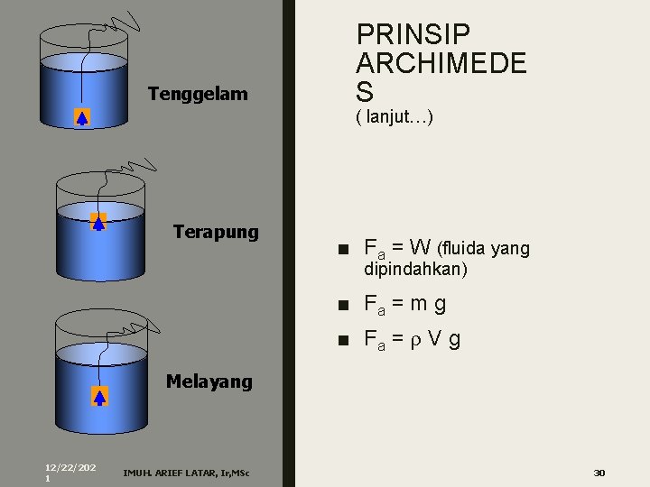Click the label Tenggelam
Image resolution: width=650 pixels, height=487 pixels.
click(197, 94)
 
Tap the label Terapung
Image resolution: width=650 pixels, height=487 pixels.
click(215, 232)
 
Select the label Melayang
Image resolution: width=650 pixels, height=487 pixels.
click(209, 381)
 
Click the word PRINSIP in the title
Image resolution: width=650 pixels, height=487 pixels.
click(413, 35)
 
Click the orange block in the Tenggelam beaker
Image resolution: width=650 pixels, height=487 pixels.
click(82, 116)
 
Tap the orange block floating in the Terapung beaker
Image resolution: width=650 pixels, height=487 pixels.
click(98, 220)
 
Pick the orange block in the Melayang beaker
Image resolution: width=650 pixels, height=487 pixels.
click(99, 395)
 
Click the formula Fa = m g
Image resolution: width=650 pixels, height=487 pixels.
click(404, 304)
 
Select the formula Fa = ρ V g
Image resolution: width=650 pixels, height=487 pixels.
click(412, 339)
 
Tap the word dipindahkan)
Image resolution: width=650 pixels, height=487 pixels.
click(415, 269)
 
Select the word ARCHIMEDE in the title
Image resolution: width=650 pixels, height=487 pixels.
click(441, 64)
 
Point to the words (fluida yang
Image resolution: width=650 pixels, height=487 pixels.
click(483, 248)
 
